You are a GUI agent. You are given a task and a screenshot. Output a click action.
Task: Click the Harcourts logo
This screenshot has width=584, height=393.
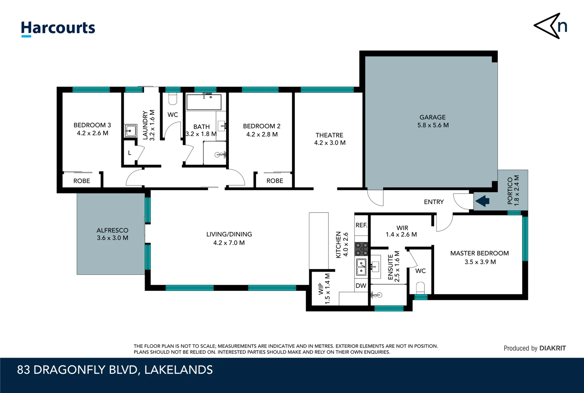click(58, 28)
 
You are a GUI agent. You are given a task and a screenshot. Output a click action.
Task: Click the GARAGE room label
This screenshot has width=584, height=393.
click(432, 117)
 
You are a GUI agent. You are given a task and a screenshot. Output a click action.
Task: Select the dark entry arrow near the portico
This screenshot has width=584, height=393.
click(482, 201)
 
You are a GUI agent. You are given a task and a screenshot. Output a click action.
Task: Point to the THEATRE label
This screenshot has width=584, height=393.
click(329, 135)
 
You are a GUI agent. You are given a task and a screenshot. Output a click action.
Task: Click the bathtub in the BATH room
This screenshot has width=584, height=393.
click(204, 102)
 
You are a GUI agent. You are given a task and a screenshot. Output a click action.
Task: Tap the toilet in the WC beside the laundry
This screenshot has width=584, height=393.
click(172, 98)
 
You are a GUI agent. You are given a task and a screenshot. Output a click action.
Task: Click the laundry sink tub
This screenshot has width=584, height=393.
click(130, 131)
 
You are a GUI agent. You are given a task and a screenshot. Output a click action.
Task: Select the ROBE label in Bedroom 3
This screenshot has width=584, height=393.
click(82, 181)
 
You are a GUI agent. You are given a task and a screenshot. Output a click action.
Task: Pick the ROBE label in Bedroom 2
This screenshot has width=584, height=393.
click(275, 181)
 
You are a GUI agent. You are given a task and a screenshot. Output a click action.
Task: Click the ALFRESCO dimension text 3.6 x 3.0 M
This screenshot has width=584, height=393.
click(113, 238)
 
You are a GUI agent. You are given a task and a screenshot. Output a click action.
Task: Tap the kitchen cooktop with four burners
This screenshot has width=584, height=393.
click(361, 249)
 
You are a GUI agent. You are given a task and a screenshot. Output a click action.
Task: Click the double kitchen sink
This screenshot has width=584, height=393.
click(361, 267)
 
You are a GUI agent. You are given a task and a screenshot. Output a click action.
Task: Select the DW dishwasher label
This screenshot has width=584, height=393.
click(361, 286)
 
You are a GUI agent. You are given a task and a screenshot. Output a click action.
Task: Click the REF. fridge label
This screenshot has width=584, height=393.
click(361, 225)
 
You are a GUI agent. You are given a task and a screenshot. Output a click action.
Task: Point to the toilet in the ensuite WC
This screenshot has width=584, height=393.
click(420, 288)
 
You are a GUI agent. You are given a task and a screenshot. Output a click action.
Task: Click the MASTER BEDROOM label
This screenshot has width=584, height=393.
click(479, 253)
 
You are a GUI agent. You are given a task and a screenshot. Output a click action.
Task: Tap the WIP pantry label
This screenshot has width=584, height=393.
click(321, 289)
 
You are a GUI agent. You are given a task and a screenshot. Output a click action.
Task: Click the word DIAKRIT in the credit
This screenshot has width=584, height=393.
click(552, 348)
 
